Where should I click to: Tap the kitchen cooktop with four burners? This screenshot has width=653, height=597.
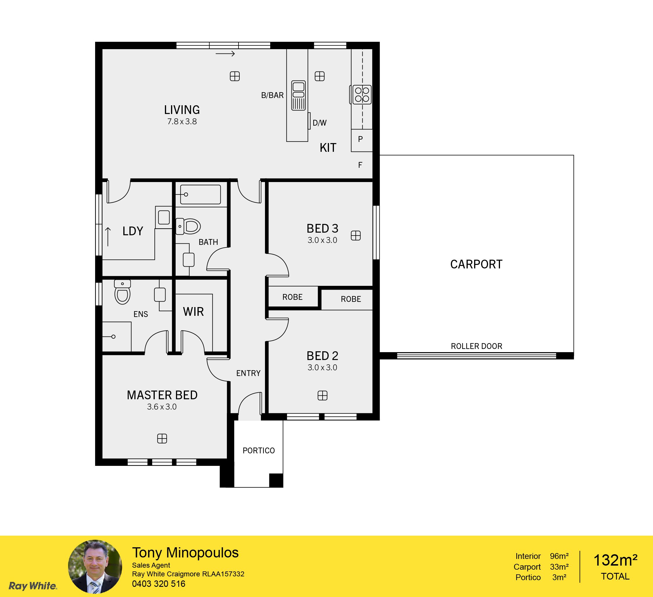click(x=362, y=95)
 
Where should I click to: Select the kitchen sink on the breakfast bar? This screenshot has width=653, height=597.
click(x=298, y=95)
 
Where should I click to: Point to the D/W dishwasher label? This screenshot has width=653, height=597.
click(x=319, y=123)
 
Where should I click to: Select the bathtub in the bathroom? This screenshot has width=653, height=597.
click(x=200, y=194)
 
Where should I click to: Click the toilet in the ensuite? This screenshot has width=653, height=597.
click(x=122, y=292)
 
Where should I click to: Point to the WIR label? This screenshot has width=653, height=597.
click(x=193, y=312)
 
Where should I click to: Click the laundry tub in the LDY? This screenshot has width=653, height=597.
click(x=163, y=217)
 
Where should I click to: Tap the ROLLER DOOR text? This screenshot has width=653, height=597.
click(x=476, y=346)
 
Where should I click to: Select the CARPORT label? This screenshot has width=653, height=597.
click(x=476, y=264)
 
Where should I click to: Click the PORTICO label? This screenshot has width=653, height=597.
click(x=259, y=450)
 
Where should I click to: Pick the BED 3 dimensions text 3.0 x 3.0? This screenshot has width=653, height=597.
click(x=322, y=240)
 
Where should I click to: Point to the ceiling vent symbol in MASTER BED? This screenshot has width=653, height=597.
click(x=162, y=439)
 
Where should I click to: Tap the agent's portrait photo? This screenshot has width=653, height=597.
click(x=95, y=566)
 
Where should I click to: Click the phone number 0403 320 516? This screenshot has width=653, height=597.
click(x=159, y=584)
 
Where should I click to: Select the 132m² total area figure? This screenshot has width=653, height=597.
click(x=615, y=560)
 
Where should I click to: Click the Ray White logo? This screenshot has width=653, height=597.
click(x=33, y=586)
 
